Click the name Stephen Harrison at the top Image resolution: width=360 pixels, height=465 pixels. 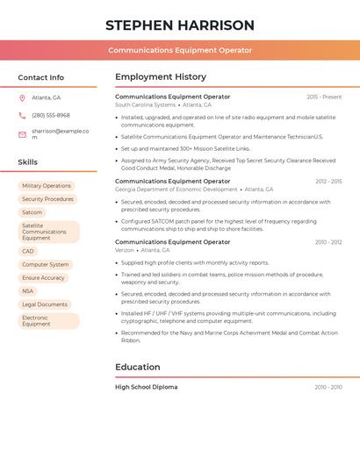click(x=180, y=25)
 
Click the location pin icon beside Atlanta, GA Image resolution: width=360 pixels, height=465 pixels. click(x=22, y=97)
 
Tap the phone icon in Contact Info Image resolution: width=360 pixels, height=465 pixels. click(x=22, y=115)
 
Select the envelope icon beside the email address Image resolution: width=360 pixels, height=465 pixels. click(x=22, y=134)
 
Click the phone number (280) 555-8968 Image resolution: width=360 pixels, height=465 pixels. click(x=51, y=115)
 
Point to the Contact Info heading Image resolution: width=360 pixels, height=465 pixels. click(x=41, y=77)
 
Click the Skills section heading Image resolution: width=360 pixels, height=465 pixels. click(x=28, y=162)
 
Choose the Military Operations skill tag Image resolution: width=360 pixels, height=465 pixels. click(x=47, y=186)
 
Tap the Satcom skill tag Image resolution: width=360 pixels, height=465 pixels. click(x=32, y=212)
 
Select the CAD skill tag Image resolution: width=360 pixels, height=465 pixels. click(x=28, y=251)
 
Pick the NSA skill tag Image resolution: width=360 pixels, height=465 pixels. click(x=28, y=291)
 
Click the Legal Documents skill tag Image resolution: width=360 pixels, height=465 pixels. click(x=45, y=304)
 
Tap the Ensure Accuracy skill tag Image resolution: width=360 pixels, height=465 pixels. click(x=44, y=278)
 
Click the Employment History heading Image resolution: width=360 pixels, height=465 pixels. click(x=161, y=77)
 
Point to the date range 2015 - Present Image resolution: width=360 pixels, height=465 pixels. click(x=324, y=97)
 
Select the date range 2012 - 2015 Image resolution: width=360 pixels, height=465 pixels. click(x=328, y=182)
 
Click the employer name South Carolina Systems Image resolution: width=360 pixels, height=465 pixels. click(x=146, y=104)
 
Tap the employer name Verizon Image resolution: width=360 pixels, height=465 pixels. click(x=125, y=250)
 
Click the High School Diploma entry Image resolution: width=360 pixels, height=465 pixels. click(x=146, y=387)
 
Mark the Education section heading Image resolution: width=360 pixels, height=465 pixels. click(x=138, y=367)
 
